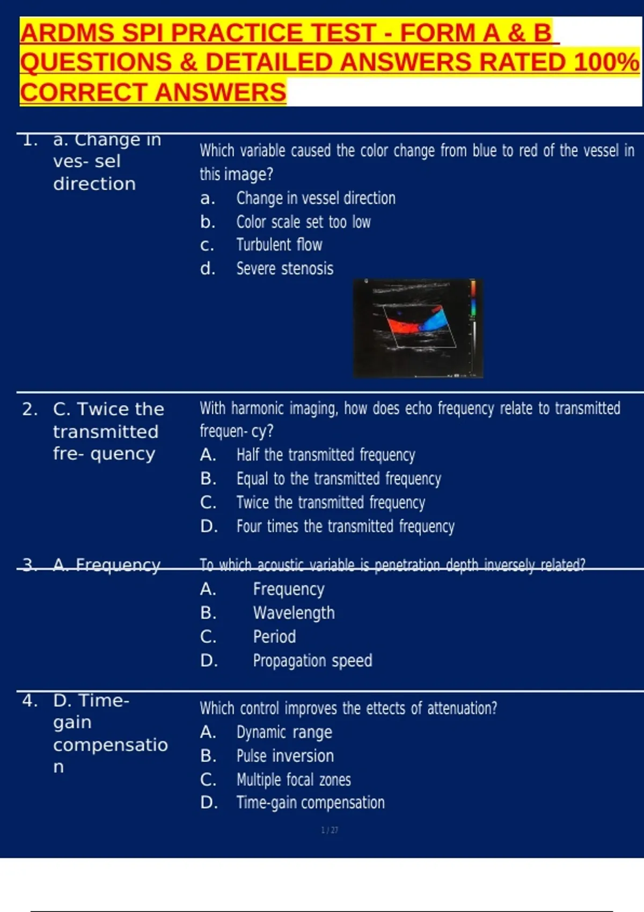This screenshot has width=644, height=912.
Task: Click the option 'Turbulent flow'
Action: tap(279, 245)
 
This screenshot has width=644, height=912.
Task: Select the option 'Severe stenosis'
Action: tap(284, 269)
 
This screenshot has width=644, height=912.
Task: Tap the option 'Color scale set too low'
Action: tap(303, 222)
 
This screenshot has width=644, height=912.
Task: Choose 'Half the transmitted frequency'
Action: tap(326, 455)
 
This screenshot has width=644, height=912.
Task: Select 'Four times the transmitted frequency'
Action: tap(345, 526)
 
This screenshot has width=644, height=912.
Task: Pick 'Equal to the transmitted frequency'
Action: tap(339, 479)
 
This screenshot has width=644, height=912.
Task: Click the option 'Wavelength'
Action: tap(294, 613)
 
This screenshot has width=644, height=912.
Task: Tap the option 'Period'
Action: tap(274, 637)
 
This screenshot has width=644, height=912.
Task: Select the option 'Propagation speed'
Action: tap(312, 660)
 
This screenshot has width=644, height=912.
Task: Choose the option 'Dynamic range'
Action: tap(284, 732)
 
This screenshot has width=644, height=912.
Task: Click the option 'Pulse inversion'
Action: tap(285, 756)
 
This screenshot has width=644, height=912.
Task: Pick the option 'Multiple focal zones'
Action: tap(294, 779)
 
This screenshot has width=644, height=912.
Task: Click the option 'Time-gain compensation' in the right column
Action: tap(310, 803)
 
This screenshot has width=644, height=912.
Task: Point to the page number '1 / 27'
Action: tap(330, 830)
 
